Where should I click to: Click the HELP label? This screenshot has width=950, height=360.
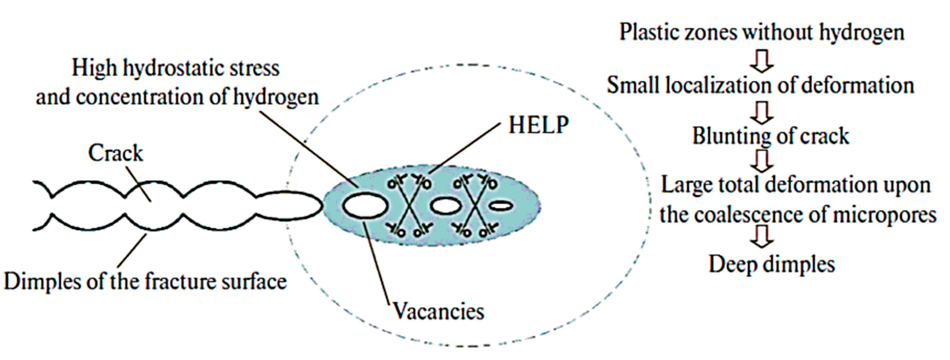538,125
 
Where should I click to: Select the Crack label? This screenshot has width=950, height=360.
115,153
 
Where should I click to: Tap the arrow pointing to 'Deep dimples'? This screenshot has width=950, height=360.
761,236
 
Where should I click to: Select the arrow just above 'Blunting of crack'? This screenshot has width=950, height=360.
761,113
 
